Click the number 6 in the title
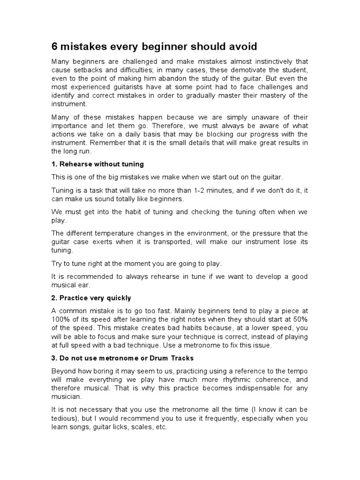pyautogui.click(x=54, y=47)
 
